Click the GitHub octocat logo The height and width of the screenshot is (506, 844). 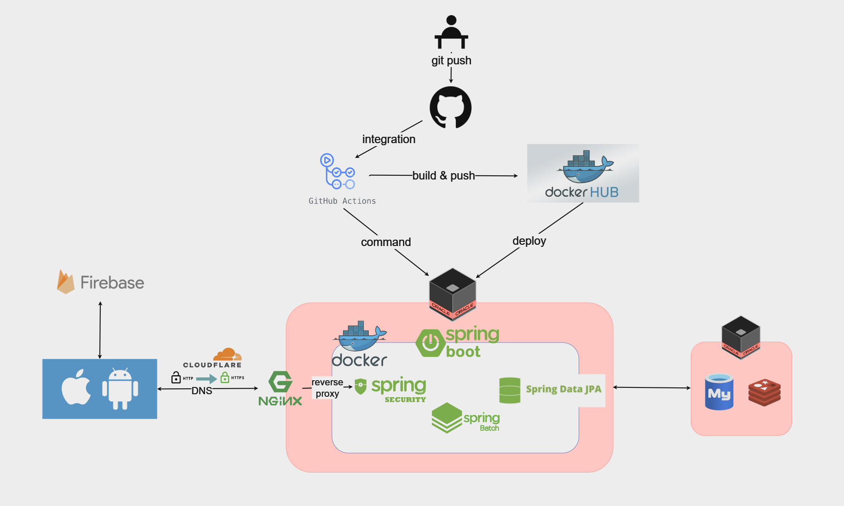click(450, 108)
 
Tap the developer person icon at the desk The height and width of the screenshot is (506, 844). click(451, 32)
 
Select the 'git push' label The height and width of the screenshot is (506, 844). click(451, 61)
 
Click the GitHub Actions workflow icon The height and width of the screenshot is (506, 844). click(337, 171)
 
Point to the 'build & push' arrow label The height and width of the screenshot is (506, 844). click(444, 175)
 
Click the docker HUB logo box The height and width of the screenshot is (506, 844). click(583, 173)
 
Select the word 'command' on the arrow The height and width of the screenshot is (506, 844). click(386, 242)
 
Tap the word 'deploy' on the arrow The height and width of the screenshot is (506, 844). click(529, 241)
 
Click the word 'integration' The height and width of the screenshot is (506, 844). click(389, 139)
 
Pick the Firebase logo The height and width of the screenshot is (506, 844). click(101, 282)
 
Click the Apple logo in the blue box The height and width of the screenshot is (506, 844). click(76, 387)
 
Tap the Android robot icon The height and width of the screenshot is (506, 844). click(120, 389)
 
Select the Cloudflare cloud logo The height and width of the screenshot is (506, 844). click(227, 354)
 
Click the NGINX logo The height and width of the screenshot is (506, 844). click(280, 389)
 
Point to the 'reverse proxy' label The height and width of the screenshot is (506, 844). click(327, 388)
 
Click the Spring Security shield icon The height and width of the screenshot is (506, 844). click(360, 387)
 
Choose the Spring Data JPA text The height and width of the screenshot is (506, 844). click(563, 389)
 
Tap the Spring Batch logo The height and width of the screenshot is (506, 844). click(465, 418)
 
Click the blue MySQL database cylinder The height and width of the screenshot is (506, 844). click(719, 392)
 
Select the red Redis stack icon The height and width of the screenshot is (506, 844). click(764, 393)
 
